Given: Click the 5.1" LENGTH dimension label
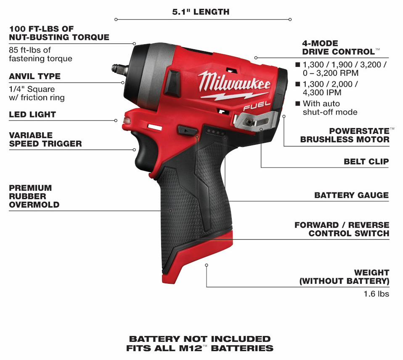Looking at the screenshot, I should click(201, 12).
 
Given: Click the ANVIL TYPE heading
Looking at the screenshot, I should click(34, 76).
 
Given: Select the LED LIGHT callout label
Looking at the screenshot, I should click(32, 114).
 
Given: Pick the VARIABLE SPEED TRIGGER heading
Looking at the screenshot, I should click(45, 139).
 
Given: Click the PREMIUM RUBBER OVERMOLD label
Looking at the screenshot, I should click(34, 196).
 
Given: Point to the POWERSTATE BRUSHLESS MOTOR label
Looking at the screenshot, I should click(345, 135).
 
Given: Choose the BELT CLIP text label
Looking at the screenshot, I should click(366, 161).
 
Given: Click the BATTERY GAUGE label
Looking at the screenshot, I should click(351, 195).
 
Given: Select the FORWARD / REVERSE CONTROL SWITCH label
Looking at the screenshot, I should click(342, 229).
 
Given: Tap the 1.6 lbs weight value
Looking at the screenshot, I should click(376, 294).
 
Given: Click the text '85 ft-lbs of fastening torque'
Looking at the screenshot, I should click(40, 54).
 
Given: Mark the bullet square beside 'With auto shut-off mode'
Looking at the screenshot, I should click(297, 104).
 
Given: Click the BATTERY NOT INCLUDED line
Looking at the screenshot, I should click(200, 339).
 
